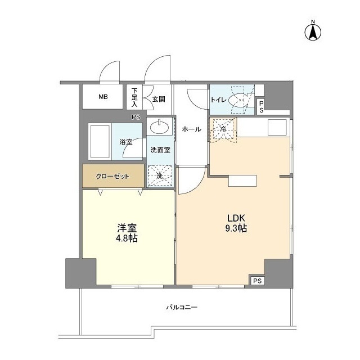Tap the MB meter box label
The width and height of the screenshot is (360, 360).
tap(103, 97)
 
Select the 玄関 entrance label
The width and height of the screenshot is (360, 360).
tap(158, 99)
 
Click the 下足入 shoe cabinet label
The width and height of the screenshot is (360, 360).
tap(134, 97)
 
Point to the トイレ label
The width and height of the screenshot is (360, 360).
tap(218, 100)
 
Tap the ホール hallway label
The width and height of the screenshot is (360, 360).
tap(191, 129)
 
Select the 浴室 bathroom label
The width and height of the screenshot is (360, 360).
tap(126, 142)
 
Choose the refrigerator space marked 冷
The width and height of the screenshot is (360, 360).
tap(222, 129)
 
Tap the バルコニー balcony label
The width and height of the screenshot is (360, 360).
tap(182, 308)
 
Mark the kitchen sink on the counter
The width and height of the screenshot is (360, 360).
tap(278, 128)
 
